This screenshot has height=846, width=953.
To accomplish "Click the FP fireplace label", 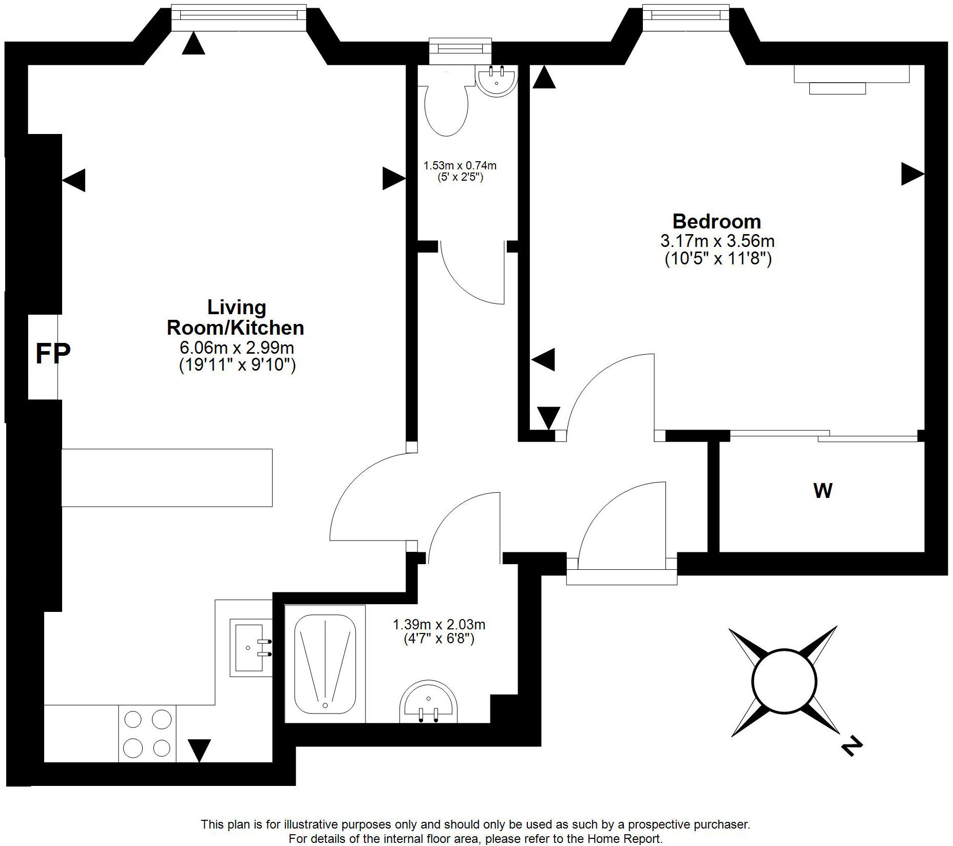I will coord(52,353).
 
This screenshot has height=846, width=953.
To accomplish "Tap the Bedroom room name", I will coord(716,222).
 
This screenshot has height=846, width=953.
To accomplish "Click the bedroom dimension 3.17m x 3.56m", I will coord(717,241).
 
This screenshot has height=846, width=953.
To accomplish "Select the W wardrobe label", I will coord(823,491).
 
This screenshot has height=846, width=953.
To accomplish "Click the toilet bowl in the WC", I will coord(446,110).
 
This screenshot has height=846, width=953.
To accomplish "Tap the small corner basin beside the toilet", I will coord(495,81).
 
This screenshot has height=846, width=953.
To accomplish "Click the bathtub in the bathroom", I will coord(325,664).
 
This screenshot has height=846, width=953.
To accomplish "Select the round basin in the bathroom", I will coord(428,703).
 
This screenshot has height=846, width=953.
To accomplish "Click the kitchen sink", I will coord(250,647).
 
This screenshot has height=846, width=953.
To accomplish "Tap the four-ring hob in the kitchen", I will coord(147,733).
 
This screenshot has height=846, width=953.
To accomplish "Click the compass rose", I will coord(784,681).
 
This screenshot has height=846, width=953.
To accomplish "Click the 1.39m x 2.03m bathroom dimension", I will coord(439,625).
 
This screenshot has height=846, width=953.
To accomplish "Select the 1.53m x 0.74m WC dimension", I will coord(460,166).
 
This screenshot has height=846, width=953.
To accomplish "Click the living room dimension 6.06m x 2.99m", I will coord(237,348).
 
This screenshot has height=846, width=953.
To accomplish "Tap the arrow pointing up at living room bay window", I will coord(194,44).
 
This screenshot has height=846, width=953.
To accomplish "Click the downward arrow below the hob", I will coord(199,749).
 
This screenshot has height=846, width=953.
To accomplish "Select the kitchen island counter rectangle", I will coord(167,477).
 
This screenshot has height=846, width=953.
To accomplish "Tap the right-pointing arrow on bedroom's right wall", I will coord(912,174).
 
